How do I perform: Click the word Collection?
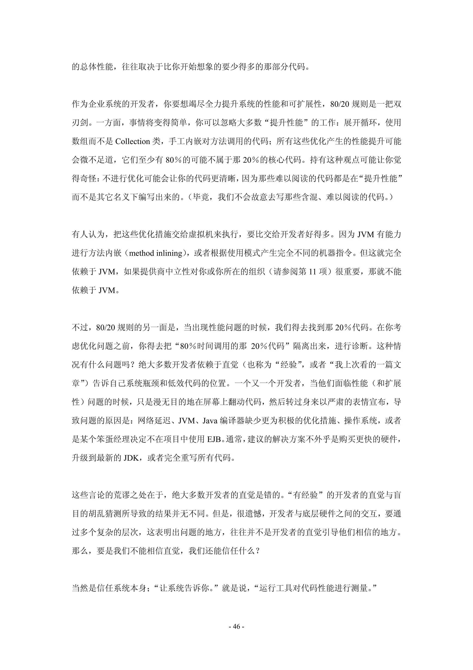[133, 142]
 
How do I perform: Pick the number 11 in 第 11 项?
[313, 272]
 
